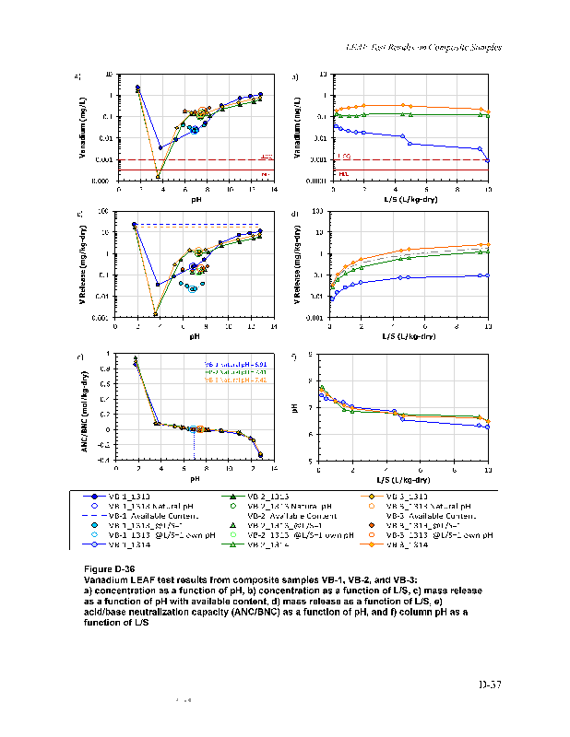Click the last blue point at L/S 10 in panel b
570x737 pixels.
[488, 160]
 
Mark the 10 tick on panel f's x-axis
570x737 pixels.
[488, 470]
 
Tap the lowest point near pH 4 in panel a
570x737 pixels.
[159, 176]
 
